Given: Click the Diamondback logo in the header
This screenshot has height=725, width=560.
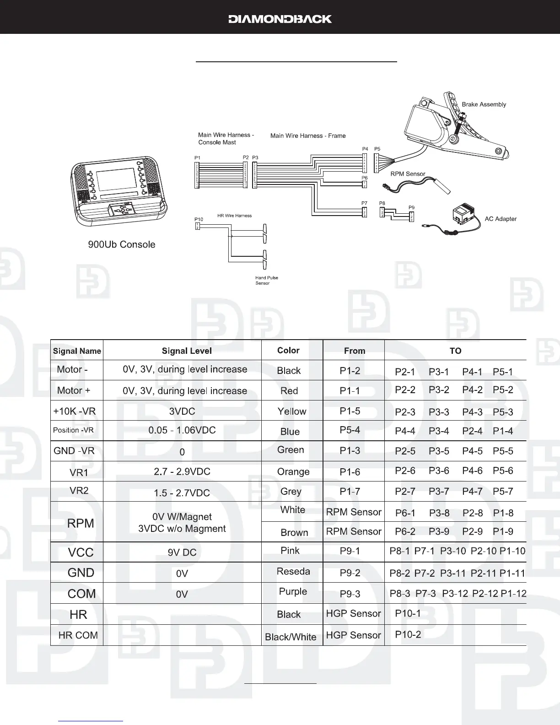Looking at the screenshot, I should point(280,19).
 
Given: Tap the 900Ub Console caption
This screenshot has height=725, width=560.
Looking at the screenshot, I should point(121,244).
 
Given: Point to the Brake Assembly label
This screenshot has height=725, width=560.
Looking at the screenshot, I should point(484,104).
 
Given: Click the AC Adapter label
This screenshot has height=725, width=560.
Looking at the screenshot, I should point(501,219).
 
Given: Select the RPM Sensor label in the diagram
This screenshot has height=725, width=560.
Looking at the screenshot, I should point(408,174).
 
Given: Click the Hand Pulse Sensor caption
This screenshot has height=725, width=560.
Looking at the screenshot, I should point(266,281).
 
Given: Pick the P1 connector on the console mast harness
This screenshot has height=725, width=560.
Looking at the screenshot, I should point(197,174).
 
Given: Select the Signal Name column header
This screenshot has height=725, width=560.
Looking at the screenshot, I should point(77,351).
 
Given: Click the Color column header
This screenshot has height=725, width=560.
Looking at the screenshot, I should point(288,350).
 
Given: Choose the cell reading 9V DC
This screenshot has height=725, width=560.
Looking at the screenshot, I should point(182,552).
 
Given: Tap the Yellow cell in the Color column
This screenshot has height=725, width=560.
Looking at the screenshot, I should point(292,411).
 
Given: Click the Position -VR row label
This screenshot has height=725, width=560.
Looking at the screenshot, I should point(73,430).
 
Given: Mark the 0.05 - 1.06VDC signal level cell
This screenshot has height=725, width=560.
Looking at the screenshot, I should point(182,430).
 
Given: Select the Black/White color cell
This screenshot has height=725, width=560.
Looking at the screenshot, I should point(291,637).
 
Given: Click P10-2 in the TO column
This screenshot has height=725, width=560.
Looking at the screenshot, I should point(408,634).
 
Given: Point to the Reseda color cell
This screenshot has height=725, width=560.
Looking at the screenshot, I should point(293,571).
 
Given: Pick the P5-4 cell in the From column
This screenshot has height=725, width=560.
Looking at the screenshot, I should point(350,430).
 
